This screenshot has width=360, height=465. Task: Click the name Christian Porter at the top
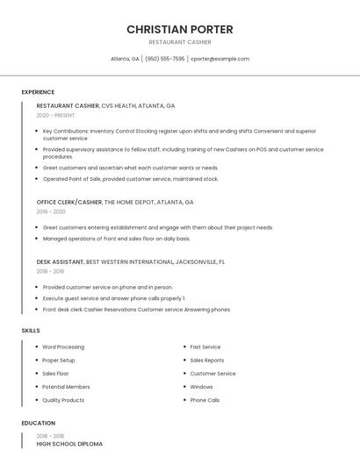tap(179, 29)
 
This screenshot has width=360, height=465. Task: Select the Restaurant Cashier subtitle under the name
tap(179, 42)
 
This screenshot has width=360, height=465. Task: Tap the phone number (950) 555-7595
tap(165, 59)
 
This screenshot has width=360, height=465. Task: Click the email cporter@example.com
tap(220, 59)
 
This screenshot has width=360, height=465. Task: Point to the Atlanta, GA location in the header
tap(125, 59)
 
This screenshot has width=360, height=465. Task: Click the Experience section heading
tap(38, 92)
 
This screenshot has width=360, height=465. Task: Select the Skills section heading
tap(31, 330)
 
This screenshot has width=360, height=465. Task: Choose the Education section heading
tap(38, 423)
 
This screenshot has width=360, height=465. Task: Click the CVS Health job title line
tap(105, 105)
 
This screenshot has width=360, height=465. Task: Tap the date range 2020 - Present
tap(55, 115)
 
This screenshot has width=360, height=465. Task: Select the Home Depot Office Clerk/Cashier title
tap(115, 202)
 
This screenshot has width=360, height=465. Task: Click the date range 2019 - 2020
tap(51, 211)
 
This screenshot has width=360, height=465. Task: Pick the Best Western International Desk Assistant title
tap(130, 261)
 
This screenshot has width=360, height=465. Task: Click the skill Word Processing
tap(63, 347)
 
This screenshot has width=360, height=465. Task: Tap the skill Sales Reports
tap(206, 360)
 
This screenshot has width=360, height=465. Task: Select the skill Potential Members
tap(66, 387)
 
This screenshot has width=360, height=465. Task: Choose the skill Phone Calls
tap(205, 400)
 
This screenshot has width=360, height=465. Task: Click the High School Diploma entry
tap(69, 444)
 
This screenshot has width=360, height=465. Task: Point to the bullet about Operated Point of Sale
tap(130, 179)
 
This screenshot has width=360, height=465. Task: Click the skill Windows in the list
tap(201, 387)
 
